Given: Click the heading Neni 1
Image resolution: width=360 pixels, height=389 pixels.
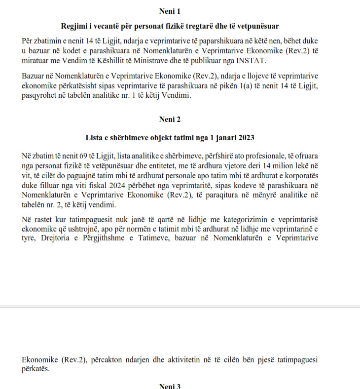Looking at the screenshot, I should coord(170,11).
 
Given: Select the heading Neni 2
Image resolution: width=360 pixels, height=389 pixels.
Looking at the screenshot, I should coord(170,119).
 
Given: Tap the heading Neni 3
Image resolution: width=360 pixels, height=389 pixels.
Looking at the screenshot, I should coord(170,386).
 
